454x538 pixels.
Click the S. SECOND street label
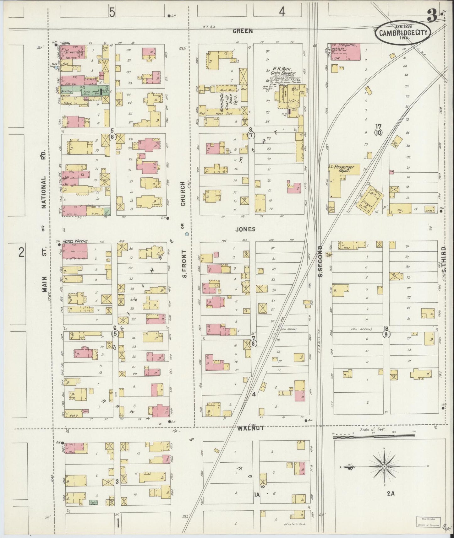[x=320, y=261]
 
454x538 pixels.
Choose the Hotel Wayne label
[x=75, y=241]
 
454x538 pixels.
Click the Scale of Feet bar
[x=374, y=436]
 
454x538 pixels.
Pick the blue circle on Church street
[x=187, y=234]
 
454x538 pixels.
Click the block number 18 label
[x=386, y=329]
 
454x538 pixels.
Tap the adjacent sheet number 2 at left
[x=21, y=252]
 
